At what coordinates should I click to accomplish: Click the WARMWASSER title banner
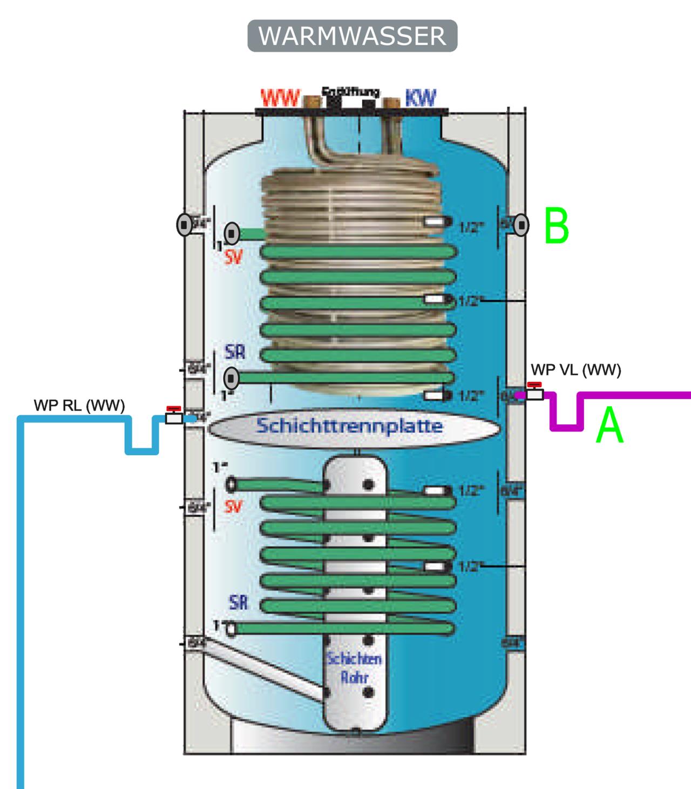353,36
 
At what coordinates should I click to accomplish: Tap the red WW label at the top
280,98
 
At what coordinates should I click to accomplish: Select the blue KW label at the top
420,98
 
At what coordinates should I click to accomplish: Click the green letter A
609,426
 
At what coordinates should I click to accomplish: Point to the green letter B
557,226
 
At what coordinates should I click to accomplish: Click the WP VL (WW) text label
576,370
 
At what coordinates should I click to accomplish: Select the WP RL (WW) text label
79,405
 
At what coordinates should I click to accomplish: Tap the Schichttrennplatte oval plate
354,427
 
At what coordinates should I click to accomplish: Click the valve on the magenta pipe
534,393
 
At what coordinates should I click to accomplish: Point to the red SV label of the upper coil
234,258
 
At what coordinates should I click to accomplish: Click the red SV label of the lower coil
233,507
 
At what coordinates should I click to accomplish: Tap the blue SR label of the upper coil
235,352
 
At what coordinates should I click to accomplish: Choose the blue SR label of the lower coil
238,602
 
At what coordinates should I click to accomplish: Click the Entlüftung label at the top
350,92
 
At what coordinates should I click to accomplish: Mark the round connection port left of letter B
521,225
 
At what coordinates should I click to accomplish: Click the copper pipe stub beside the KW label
391,102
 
